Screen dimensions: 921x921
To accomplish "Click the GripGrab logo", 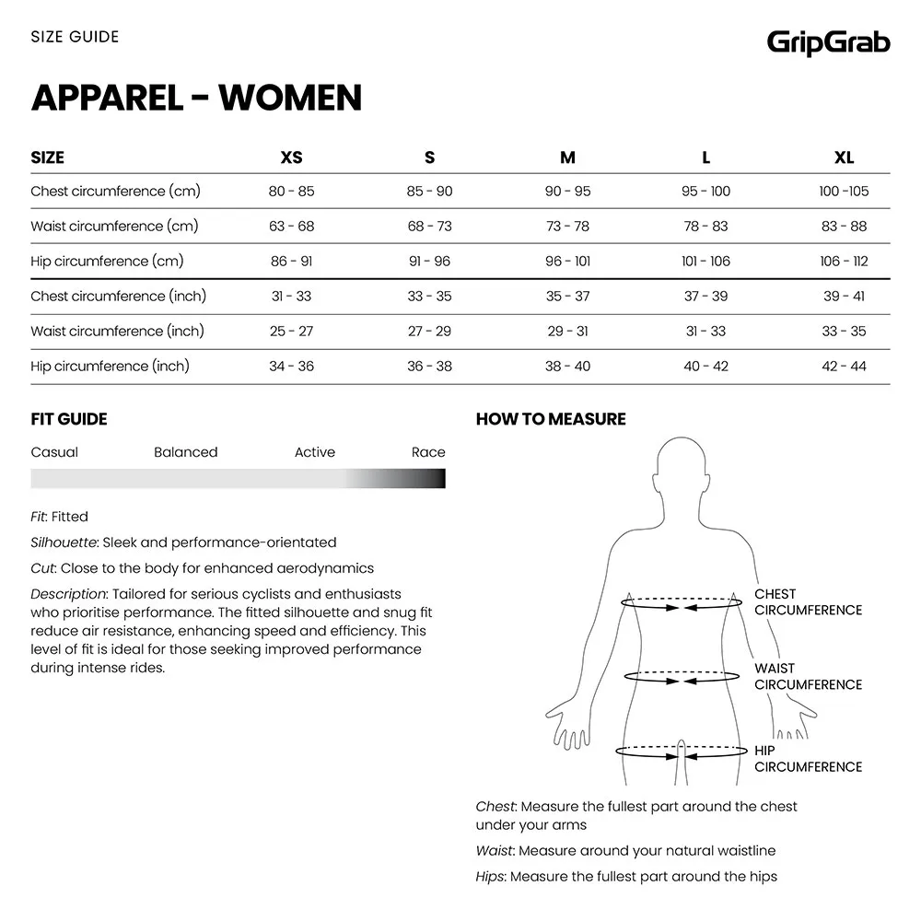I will coord(829,41).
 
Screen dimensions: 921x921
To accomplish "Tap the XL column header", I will coord(844,157).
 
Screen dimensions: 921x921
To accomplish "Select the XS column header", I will coord(291,157).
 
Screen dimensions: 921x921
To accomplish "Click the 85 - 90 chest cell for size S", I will coord(429,192).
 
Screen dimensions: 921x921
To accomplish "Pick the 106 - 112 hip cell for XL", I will coord(844,262).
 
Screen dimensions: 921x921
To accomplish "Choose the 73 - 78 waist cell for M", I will coord(567,227).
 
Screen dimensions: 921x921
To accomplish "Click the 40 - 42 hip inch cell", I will coord(705,367).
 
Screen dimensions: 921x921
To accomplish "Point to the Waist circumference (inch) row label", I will coord(117,332).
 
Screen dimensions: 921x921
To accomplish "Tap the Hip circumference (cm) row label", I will coord(107,262).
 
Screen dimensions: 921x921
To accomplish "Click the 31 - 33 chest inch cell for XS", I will coord(291,297).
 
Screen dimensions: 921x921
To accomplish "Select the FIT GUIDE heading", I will coord(69,419).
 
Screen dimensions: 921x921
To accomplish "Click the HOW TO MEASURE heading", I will coord(551,419).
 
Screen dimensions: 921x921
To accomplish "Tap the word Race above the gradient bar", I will coord(428,452).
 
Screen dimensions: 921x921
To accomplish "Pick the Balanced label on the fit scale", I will coord(186,452).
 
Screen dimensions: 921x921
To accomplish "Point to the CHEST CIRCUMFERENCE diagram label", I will coord(808,602).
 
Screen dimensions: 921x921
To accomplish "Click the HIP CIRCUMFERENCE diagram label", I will coord(808,759).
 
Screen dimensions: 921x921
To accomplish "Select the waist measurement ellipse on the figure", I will coord(682,677).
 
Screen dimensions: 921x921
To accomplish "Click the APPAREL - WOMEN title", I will coord(196,98).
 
